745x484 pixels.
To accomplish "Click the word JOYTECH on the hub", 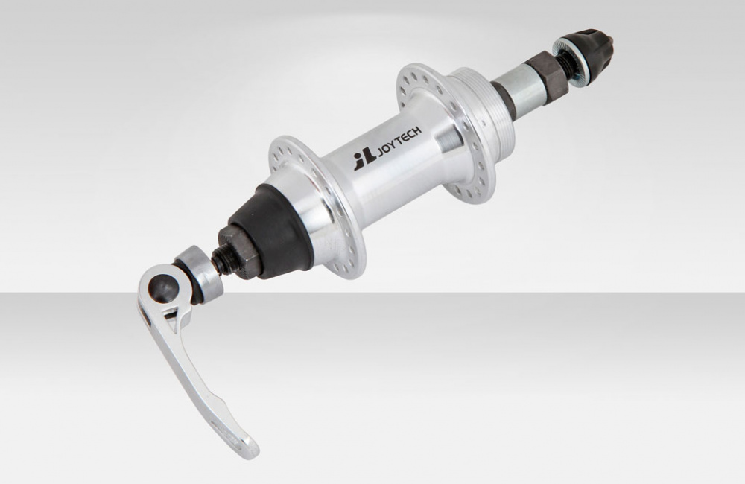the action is (399, 141).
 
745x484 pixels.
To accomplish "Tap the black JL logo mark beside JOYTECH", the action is (364, 160).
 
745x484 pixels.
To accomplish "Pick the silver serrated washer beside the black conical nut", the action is (571, 66).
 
